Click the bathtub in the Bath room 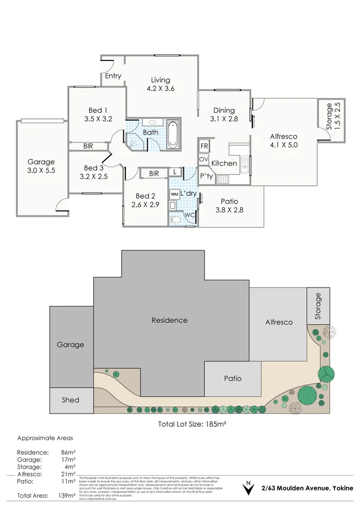[172, 135]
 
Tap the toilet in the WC [175, 219]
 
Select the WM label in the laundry [174, 193]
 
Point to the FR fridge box [204, 146]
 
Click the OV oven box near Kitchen [204, 159]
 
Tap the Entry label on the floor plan [113, 76]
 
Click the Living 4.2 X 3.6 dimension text [160, 89]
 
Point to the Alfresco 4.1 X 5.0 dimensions [284, 145]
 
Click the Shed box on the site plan [70, 400]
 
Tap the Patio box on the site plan [232, 378]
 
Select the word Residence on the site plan [170, 320]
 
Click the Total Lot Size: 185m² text [192, 424]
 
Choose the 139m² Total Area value [68, 496]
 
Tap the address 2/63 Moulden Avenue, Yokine [307, 488]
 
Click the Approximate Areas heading [45, 438]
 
